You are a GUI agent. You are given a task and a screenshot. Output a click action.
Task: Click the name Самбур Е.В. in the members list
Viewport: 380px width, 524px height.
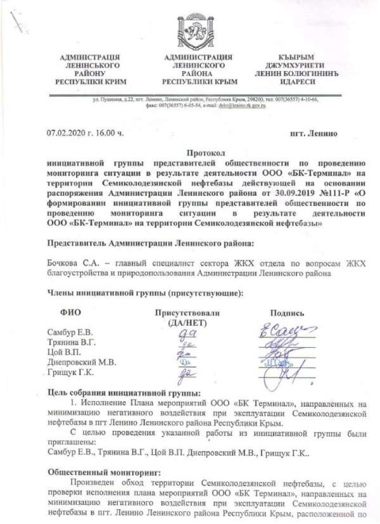[x=70, y=332]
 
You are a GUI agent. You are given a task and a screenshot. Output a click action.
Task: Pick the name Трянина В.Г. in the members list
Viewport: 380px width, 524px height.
[x=72, y=342]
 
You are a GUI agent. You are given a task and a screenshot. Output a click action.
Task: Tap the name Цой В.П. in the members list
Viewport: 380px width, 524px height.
[x=65, y=352]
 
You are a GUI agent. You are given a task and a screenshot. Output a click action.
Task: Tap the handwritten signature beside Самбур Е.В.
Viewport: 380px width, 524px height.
[x=289, y=329]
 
